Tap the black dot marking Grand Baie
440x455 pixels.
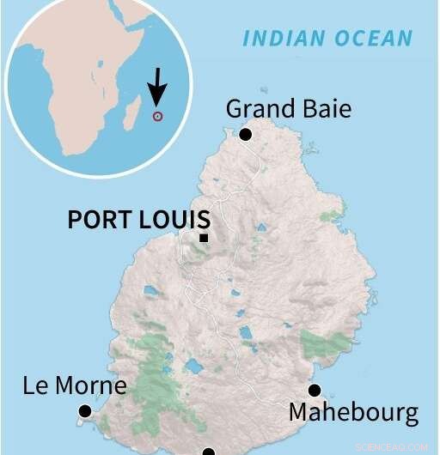246,134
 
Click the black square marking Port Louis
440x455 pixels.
204,238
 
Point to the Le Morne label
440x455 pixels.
75,385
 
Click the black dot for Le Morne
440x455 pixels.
84,412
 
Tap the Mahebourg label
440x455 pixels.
353,413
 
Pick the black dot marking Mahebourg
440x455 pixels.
314,390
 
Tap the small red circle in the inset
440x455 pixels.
156,116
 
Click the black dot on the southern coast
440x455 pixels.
208,451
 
